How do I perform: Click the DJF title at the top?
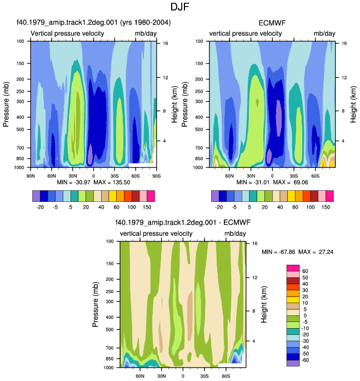pos(179,7)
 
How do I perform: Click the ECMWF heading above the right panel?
pos(272,23)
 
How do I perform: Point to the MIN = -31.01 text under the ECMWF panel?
pos(253,182)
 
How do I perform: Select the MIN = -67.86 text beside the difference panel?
pos(278,252)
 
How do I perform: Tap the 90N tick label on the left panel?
pos(31,176)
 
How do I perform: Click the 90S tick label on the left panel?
pos(156,176)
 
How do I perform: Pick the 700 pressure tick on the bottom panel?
pos(110,348)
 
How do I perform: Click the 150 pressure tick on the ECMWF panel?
pos(199,63)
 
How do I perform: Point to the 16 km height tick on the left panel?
pos(166,43)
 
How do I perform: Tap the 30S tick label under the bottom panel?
pos(204,376)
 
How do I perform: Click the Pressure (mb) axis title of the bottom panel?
pos(96,304)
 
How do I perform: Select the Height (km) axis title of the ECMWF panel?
pos(353,104)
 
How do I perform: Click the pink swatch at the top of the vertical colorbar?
pos(293,268)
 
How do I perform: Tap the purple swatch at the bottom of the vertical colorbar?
pos(293,363)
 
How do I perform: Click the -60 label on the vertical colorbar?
pos(305,360)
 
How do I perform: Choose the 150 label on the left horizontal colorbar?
pos(147,207)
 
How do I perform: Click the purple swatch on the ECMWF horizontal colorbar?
pos(215,196)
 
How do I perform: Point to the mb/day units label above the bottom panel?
pos(235,234)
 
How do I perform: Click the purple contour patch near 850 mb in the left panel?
pos(90,154)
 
